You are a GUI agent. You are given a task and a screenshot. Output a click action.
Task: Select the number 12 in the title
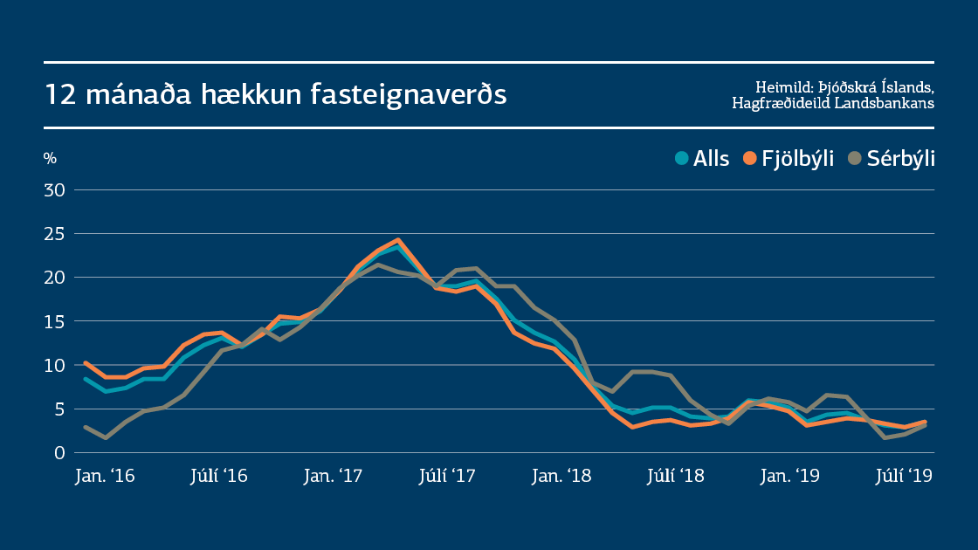click(59, 94)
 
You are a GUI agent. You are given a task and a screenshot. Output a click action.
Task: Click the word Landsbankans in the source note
click(885, 103)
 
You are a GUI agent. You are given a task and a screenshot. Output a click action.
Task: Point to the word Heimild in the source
click(783, 86)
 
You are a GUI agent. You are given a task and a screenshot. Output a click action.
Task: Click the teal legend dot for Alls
click(682, 158)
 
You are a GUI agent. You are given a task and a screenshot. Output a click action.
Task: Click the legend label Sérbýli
click(900, 159)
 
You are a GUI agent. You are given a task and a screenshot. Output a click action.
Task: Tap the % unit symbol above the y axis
click(50, 158)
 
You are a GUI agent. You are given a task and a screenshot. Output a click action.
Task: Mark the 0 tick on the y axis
click(60, 452)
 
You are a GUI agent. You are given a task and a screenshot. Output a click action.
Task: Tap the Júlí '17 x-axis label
click(446, 477)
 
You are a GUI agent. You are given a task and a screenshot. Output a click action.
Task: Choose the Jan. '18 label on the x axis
click(561, 477)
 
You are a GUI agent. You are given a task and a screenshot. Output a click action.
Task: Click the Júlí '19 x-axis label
click(904, 477)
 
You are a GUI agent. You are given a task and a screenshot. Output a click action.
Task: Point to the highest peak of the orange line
click(397, 239)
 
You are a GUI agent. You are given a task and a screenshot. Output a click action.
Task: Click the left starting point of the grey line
click(86, 427)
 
